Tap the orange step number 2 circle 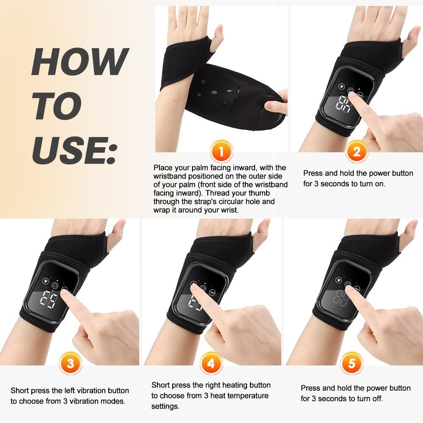[x=357, y=151]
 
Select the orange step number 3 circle [x=70, y=363]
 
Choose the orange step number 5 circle [x=352, y=363]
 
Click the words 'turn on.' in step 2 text [x=371, y=184]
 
